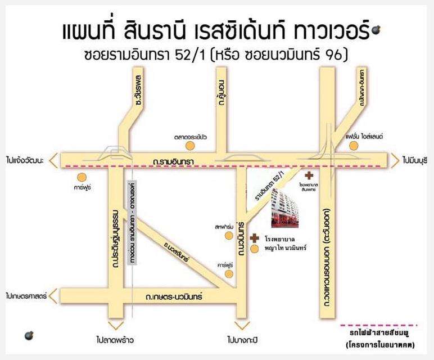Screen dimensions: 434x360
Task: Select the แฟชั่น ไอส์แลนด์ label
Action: pos(364,137)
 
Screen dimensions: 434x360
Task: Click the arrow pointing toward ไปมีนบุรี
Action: pos(397,160)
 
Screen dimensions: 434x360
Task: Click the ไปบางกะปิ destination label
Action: pos(242,340)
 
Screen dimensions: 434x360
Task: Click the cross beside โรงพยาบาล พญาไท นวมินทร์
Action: pos(255,238)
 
